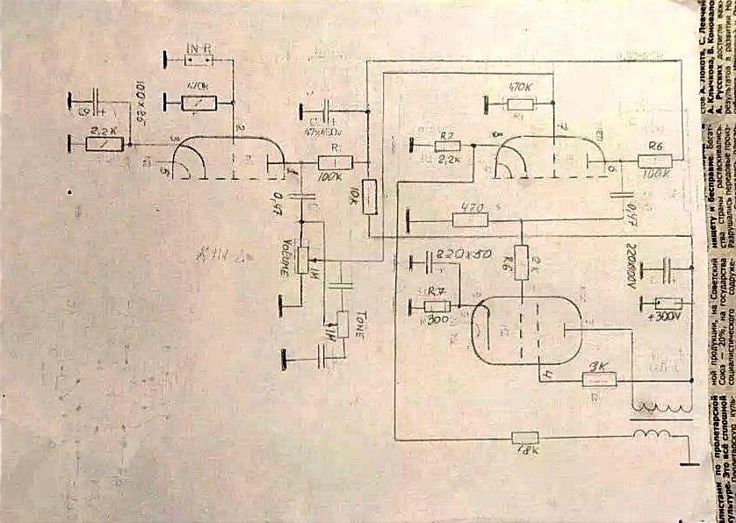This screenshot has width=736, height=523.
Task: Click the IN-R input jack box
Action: (x=198, y=61)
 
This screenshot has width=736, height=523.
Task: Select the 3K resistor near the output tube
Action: (x=600, y=378)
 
